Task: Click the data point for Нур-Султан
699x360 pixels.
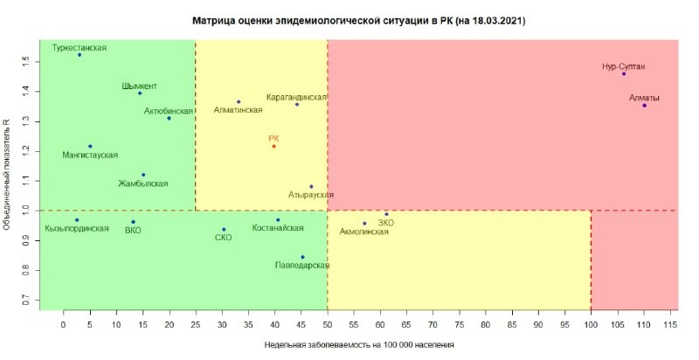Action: coord(624,73)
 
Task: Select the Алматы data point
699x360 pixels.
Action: coord(644,106)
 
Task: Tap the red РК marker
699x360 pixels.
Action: coord(273,146)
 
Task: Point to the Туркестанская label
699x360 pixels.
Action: coord(80,48)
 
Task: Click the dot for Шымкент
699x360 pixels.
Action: coord(140,93)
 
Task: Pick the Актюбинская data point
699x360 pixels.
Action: coord(170,118)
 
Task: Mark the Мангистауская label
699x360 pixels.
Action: coord(90,155)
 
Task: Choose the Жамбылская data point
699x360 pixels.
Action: coord(143,175)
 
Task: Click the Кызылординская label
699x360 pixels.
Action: coord(77,228)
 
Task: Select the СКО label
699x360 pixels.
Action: coord(223,237)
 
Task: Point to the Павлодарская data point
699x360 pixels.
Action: coord(302,257)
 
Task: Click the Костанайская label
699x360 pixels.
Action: coord(278,228)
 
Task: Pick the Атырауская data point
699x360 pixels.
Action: coord(311,186)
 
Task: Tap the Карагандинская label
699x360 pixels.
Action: coord(297,96)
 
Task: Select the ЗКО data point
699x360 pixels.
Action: coord(386,214)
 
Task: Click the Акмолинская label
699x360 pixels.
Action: coord(363,232)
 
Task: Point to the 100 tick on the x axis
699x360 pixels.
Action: coord(591,324)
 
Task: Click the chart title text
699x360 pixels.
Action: coord(358,19)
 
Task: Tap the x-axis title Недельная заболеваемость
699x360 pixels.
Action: coord(359,345)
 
